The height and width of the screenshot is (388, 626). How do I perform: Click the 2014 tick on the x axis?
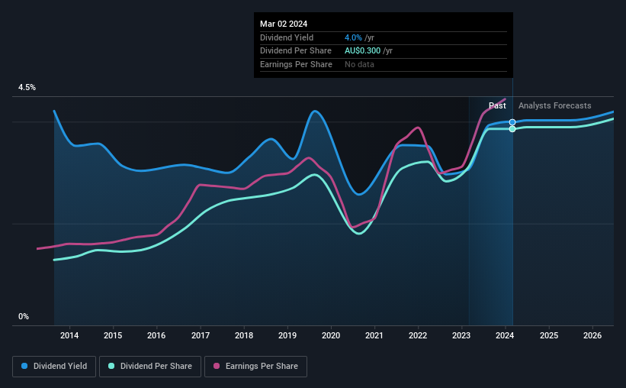coord(69,335)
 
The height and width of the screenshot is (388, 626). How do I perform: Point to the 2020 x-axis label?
coord(331,335)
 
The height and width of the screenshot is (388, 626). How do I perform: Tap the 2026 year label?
coord(592,335)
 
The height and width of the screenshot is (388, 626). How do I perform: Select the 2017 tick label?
coord(201,335)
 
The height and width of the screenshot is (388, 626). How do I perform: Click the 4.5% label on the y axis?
coord(27,88)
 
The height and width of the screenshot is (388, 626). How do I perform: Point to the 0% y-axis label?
coord(24,316)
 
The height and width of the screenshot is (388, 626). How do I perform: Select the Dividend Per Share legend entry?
coord(150,366)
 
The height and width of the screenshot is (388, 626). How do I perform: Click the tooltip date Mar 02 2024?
coord(284,24)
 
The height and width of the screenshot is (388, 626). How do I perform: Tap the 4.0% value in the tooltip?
coord(352,37)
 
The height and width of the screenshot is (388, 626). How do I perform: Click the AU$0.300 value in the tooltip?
coord(368,51)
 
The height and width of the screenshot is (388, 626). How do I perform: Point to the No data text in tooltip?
coord(359,65)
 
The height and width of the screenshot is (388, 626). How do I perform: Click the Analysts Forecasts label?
coord(554,105)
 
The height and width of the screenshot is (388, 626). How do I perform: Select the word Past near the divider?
coord(497,105)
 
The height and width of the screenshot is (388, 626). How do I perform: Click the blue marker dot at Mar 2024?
coord(512,122)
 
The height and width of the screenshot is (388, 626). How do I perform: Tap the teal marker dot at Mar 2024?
coord(512,129)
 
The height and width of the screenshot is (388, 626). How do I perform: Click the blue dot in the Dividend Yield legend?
coord(25,366)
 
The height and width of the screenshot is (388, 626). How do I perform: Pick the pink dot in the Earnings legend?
coord(217,366)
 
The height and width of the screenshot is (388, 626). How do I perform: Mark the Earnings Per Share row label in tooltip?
coord(296,65)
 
